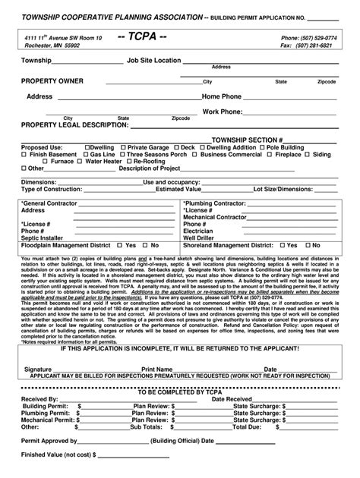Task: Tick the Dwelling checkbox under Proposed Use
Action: [87, 146]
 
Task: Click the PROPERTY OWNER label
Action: [52, 80]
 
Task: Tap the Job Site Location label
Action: [154, 59]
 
